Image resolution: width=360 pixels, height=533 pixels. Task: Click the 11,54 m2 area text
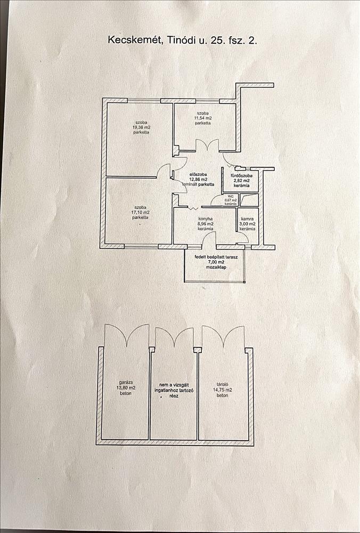tap(203, 118)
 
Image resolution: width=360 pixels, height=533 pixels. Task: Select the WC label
tap(231, 196)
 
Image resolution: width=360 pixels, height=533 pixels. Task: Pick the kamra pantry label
tap(247, 219)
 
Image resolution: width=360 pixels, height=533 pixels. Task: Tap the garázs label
tap(126, 382)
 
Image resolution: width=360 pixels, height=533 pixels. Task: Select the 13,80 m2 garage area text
tap(126, 388)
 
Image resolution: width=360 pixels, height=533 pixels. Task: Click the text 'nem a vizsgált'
tap(174, 384)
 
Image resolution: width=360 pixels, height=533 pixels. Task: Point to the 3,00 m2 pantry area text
tap(247, 224)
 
